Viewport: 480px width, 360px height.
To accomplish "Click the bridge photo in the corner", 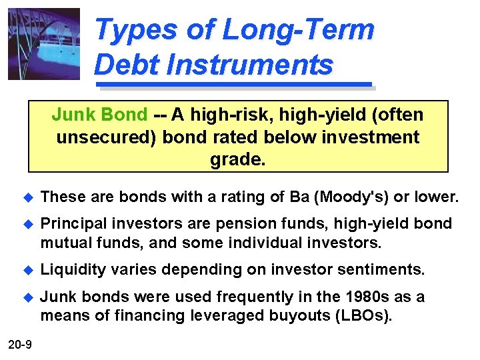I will pos(43,43).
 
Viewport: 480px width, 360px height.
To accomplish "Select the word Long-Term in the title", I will pos(298,30).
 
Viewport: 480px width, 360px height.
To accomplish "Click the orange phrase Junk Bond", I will pos(99,115).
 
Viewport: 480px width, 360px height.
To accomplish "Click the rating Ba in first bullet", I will pos(299,197).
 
